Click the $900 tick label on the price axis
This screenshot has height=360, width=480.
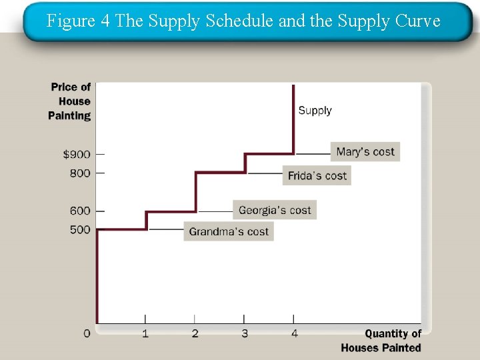pyautogui.click(x=77, y=155)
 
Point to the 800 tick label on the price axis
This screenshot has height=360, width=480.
pyautogui.click(x=79, y=173)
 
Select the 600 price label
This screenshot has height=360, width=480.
pyautogui.click(x=79, y=211)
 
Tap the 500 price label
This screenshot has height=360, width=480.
pyautogui.click(x=79, y=229)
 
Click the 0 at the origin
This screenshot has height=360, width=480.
pyautogui.click(x=87, y=333)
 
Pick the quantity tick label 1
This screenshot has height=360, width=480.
pyautogui.click(x=145, y=333)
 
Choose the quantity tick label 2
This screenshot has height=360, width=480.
pyautogui.click(x=195, y=333)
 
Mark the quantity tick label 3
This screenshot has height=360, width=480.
pyautogui.click(x=245, y=333)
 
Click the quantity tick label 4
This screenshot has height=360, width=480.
pyautogui.click(x=294, y=333)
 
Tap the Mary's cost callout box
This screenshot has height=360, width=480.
pyautogui.click(x=365, y=151)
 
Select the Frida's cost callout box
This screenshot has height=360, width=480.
pyautogui.click(x=317, y=175)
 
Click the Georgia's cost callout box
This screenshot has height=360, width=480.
pyautogui.click(x=275, y=210)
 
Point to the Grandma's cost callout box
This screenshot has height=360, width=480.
pyautogui.click(x=229, y=231)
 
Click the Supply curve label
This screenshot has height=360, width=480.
pyautogui.click(x=315, y=111)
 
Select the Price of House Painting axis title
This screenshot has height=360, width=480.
pyautogui.click(x=71, y=101)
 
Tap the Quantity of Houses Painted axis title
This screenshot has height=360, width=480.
pyautogui.click(x=381, y=341)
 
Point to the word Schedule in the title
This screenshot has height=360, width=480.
pyautogui.click(x=240, y=21)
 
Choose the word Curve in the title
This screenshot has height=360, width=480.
pyautogui.click(x=417, y=21)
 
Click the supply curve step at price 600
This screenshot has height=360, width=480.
pyautogui.click(x=171, y=212)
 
